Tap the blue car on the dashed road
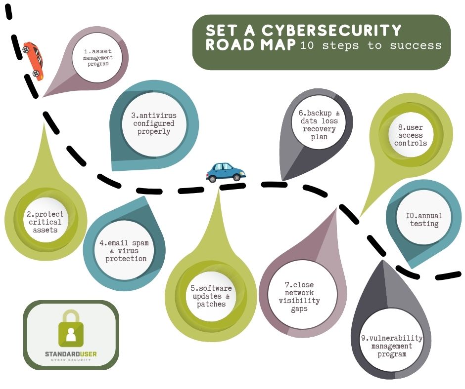pos(226,172)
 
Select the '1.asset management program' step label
pos(98,58)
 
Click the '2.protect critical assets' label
pos(45,222)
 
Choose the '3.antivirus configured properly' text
pos(154,124)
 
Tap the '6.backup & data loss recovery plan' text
pos(319,125)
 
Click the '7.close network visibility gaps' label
pos(299,297)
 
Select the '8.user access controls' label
pos(411,135)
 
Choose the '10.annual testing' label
pos(424,220)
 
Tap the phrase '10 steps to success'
pos(371,46)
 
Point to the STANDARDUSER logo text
pos(71,354)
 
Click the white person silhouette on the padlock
pos(71,335)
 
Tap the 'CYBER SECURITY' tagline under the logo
pos(71,360)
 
